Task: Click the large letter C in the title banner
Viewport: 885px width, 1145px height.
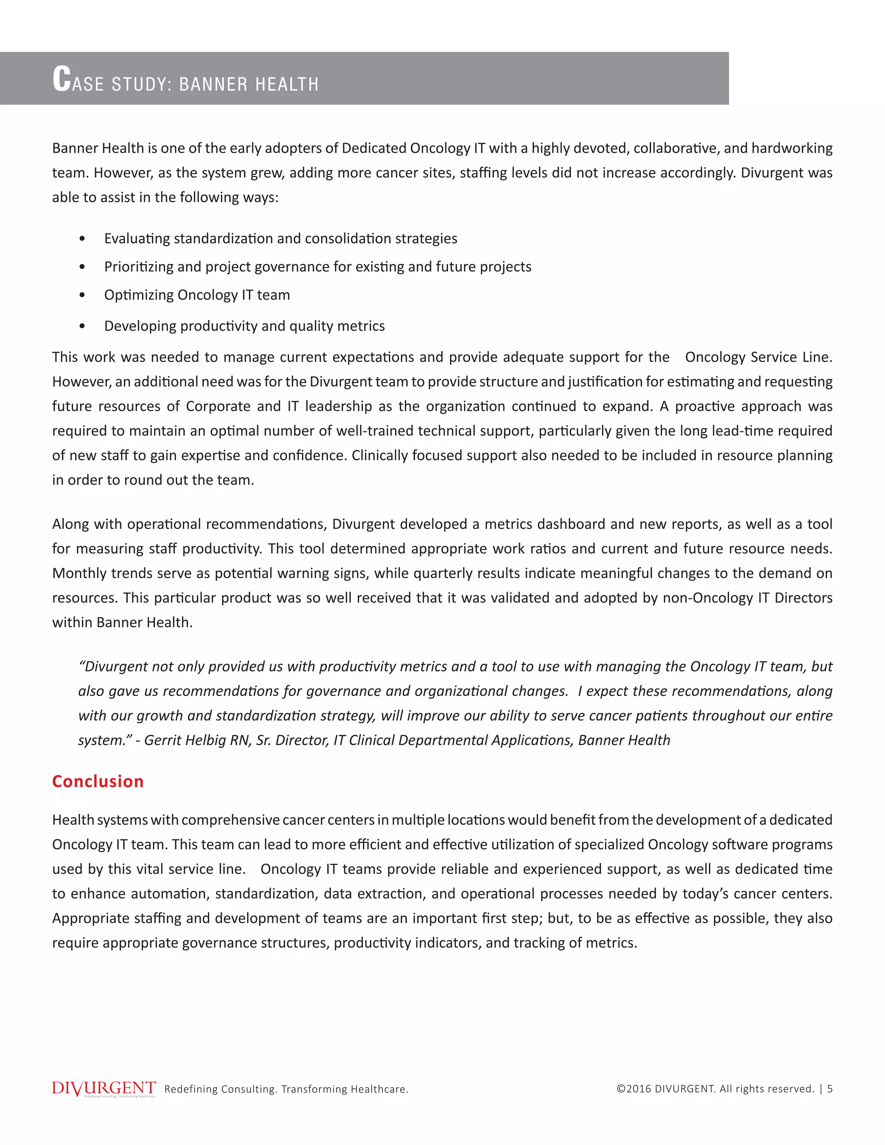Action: (62, 79)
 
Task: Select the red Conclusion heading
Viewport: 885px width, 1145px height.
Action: (98, 781)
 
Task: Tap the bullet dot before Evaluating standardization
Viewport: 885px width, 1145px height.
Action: (82, 239)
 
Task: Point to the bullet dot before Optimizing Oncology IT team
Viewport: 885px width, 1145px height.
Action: (82, 295)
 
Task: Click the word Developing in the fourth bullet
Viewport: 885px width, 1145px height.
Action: (140, 326)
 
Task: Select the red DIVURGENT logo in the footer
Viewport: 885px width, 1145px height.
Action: (104, 1088)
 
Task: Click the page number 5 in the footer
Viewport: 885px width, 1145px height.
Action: (829, 1089)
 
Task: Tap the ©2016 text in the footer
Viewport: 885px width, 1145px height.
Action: (634, 1089)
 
